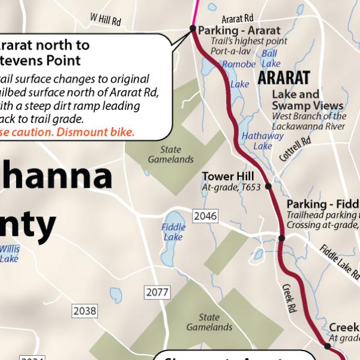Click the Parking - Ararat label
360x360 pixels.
tap(239, 31)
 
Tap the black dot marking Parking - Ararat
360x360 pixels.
tap(193, 28)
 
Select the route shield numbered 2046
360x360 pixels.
tap(205, 215)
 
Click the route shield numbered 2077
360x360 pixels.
tap(158, 292)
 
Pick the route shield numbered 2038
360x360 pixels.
tap(85, 311)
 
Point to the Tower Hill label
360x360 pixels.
tap(227, 176)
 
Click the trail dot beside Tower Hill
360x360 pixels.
tap(268, 187)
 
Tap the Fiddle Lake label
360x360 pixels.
tap(173, 232)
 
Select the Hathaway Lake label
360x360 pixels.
tap(263, 140)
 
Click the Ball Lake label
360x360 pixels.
tap(271, 58)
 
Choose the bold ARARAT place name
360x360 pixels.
tap(284, 78)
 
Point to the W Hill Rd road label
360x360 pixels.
tap(106, 20)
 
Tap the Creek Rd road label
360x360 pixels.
tap(290, 298)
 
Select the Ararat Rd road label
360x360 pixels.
tap(238, 19)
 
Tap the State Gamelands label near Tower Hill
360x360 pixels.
tap(171, 155)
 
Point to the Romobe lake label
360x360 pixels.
tap(239, 64)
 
